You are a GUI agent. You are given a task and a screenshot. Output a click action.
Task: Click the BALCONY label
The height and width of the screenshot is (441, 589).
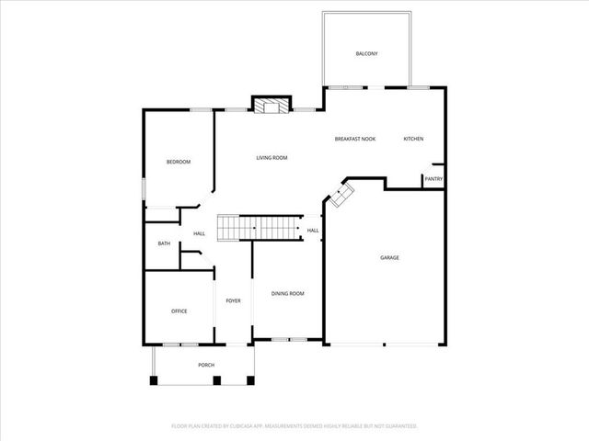click(366, 54)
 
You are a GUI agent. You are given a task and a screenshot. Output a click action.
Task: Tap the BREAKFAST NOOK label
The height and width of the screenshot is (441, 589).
click(355, 139)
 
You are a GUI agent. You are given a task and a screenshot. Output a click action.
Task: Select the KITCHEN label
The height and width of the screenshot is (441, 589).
click(413, 139)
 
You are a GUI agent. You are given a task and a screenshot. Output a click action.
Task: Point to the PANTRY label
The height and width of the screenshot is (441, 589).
click(433, 179)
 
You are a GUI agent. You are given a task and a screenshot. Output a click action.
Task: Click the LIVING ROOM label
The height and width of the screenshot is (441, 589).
click(271, 158)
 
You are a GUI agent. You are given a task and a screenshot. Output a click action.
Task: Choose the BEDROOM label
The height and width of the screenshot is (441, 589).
click(179, 163)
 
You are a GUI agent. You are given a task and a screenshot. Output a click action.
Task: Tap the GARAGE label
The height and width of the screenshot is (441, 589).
click(389, 258)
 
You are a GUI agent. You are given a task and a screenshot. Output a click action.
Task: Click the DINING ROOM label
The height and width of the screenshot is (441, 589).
click(287, 293)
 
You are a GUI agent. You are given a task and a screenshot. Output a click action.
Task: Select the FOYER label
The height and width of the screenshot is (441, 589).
click(234, 300)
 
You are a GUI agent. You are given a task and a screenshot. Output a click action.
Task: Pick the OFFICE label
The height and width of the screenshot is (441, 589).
click(179, 311)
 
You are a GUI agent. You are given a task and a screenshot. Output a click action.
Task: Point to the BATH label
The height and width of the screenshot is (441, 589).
click(164, 243)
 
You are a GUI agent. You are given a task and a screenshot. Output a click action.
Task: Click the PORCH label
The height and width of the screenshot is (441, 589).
click(206, 365)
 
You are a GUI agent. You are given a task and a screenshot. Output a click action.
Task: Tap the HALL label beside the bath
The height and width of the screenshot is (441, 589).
click(199, 234)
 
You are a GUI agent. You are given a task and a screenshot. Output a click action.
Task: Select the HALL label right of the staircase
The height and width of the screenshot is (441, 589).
click(313, 231)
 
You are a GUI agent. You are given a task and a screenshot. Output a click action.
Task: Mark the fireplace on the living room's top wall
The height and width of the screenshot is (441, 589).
click(271, 106)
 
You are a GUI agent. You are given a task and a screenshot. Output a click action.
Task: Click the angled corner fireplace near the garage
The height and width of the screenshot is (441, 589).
click(343, 194)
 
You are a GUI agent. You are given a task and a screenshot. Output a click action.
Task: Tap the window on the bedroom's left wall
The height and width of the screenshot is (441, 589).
click(144, 187)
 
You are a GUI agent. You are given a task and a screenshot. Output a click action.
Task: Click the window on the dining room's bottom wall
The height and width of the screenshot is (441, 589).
click(288, 340)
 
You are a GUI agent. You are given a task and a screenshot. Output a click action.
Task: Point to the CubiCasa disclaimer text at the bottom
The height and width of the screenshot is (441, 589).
click(294, 426)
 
